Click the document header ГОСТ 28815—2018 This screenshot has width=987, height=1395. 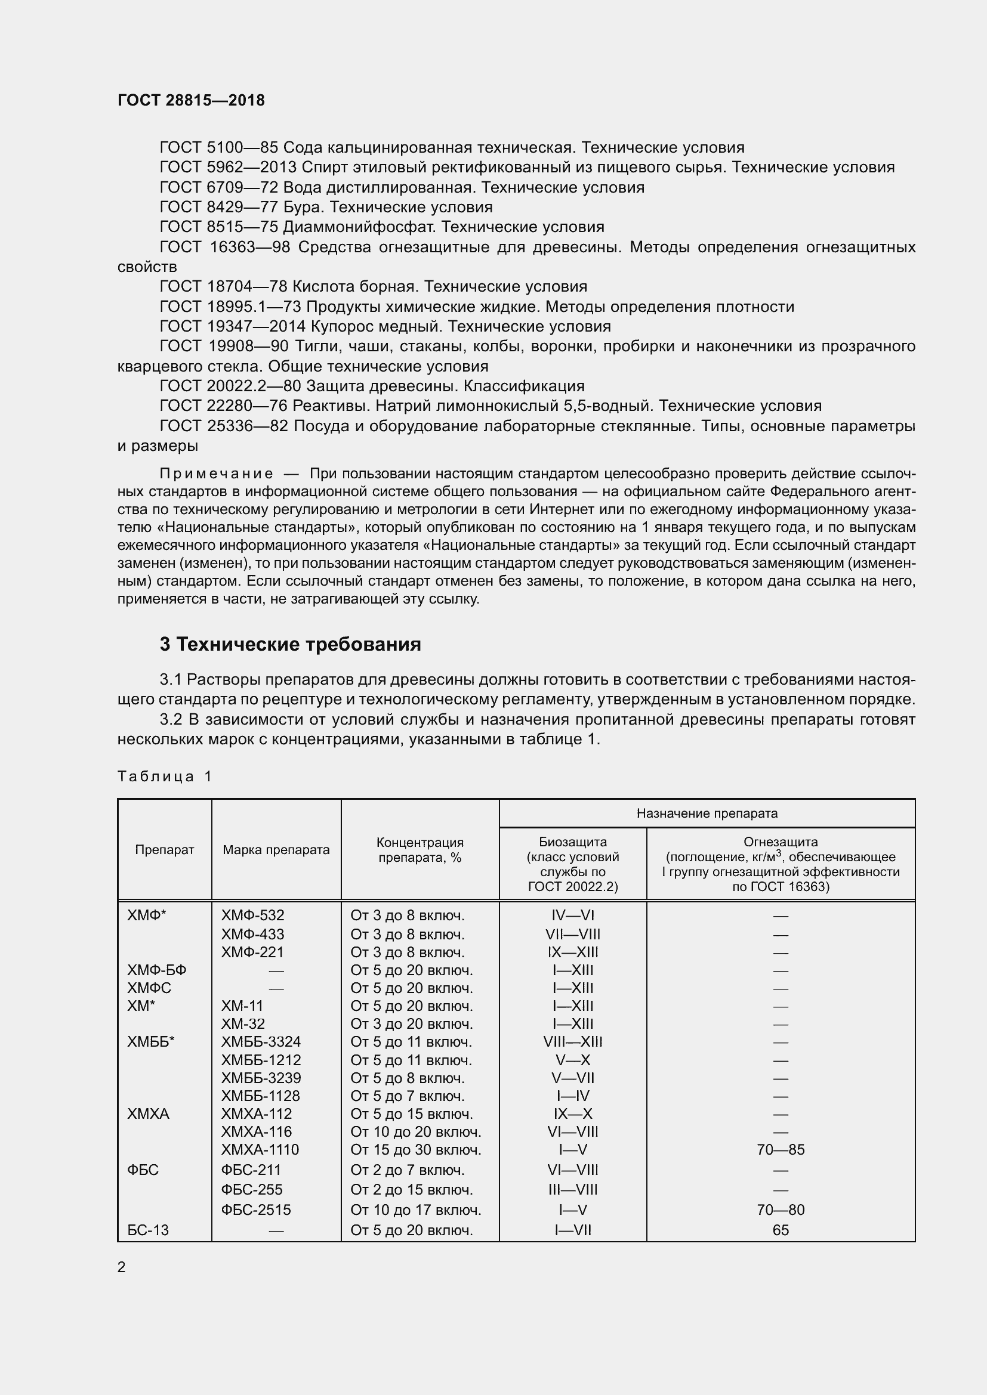tap(191, 100)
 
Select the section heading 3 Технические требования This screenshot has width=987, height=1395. tap(290, 644)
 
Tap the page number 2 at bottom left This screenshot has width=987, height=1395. tap(122, 1267)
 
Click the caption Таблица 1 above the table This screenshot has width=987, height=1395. tap(164, 777)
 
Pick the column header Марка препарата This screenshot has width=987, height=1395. tap(276, 849)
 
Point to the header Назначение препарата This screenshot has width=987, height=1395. tap(707, 813)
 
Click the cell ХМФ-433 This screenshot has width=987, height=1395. tap(252, 934)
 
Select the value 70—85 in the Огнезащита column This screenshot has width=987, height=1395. tap(781, 1149)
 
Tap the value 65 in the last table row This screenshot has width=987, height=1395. tap(781, 1230)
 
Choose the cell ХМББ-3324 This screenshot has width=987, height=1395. tap(261, 1041)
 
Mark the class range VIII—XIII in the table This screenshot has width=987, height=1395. tap(572, 1041)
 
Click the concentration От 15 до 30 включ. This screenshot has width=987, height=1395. tap(416, 1149)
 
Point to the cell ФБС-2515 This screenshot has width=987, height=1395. tap(256, 1210)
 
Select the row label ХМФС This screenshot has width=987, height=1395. tap(149, 988)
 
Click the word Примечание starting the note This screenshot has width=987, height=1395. tap(217, 474)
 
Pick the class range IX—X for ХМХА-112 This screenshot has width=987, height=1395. tap(572, 1113)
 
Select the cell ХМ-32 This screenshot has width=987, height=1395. tap(243, 1024)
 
